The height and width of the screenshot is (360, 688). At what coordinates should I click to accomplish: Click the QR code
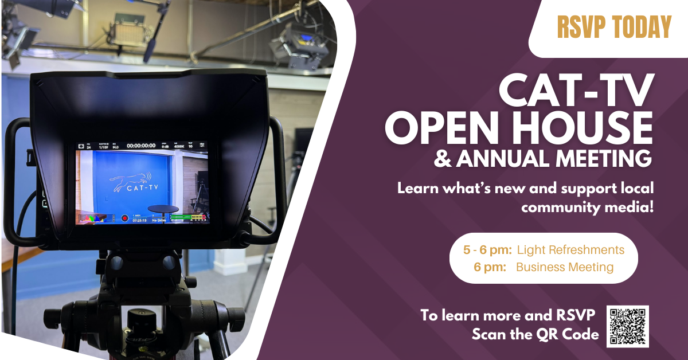[627, 326]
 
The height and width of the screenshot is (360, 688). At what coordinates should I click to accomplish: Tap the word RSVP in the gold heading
[580, 28]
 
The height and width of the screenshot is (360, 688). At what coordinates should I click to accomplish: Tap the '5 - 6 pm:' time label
[487, 250]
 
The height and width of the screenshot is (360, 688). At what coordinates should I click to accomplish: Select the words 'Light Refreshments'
[570, 250]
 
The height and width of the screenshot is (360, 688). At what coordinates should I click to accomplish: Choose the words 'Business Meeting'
[565, 267]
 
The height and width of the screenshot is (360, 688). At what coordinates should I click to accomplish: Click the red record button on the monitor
[124, 218]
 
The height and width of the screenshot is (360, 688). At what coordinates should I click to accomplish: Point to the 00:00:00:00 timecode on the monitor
[141, 146]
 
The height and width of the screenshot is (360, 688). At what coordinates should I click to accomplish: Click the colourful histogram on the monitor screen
[92, 218]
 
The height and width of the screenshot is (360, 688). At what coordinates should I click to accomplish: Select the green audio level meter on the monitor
[187, 218]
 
